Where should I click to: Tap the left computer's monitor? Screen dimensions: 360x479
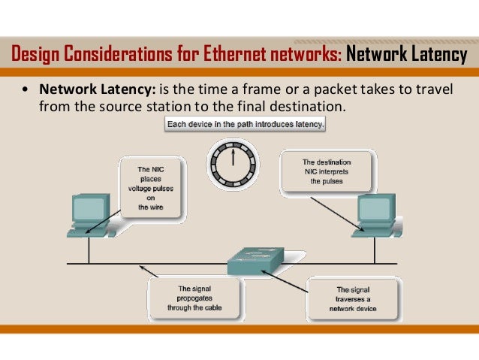[x=89, y=209]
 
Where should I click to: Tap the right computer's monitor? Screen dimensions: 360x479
[x=374, y=210]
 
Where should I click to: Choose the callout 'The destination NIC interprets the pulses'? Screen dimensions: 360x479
[x=326, y=173]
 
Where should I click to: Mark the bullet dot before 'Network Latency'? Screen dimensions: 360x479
[x=26, y=90]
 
